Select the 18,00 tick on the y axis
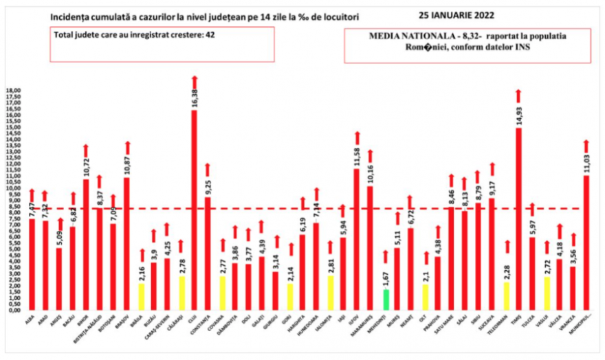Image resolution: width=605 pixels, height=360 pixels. point(14,91)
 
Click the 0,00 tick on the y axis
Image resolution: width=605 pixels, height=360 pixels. point(14,310)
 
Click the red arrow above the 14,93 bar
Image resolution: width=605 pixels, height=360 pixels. point(518,95)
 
